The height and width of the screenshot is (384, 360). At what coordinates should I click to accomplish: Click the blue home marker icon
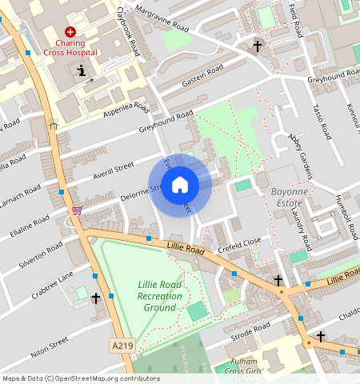pyautogui.click(x=180, y=186)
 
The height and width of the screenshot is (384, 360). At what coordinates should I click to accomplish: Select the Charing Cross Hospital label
pyautogui.click(x=70, y=47)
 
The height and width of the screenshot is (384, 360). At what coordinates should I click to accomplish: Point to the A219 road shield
pyautogui.click(x=120, y=346)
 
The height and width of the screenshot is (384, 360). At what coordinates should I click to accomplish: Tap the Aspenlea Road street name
pyautogui.click(x=126, y=111)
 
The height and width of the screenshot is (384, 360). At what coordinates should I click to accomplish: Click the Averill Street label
pyautogui.click(x=113, y=168)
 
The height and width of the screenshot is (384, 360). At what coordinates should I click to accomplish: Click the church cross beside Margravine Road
pyautogui.click(x=257, y=46)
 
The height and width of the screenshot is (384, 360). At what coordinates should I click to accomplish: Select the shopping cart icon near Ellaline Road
pyautogui.click(x=77, y=210)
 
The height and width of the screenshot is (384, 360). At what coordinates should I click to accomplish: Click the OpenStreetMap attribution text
pyautogui.click(x=81, y=378)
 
